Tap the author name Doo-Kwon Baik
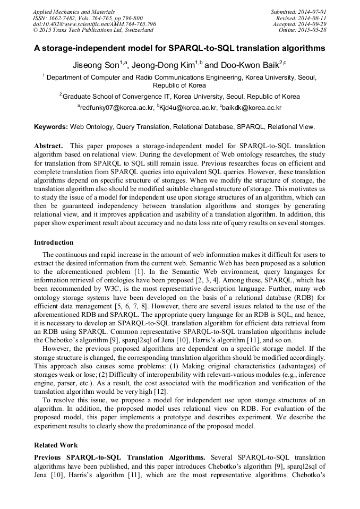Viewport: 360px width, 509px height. coord(242,65)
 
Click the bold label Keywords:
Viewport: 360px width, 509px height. coord(51,127)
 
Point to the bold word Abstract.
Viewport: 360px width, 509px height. coord(48,145)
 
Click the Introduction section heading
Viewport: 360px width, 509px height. coord(54,243)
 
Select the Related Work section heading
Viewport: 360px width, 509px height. coord(56,445)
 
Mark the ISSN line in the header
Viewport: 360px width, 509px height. coord(88,18)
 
